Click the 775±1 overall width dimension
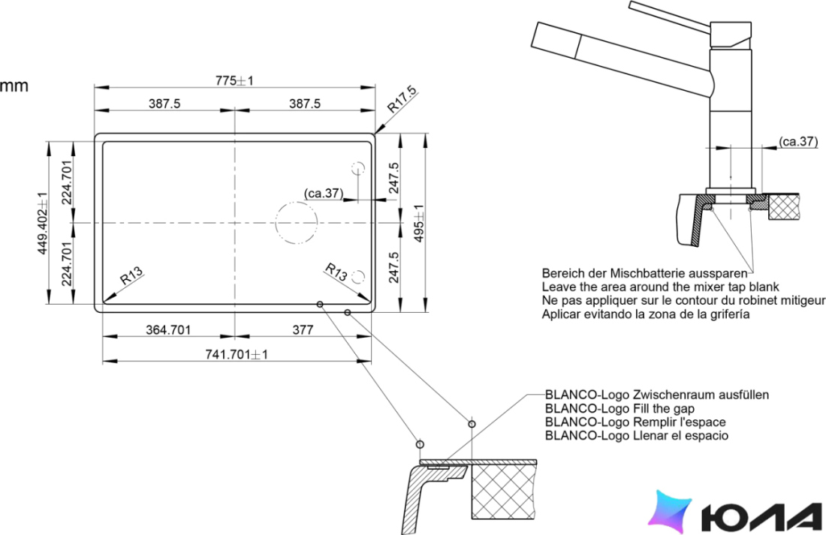pyautogui.click(x=234, y=80)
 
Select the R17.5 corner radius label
pyautogui.click(x=402, y=100)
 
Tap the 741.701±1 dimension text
pyautogui.click(x=237, y=354)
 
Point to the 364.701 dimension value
pyautogui.click(x=168, y=330)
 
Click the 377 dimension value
pyautogui.click(x=303, y=330)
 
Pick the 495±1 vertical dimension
pyautogui.click(x=419, y=224)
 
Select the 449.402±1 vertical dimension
pyautogui.click(x=43, y=223)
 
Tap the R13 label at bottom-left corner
pyautogui.click(x=131, y=275)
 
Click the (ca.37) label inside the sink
pyautogui.click(x=324, y=194)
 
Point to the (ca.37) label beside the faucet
pyautogui.click(x=799, y=141)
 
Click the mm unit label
pyautogui.click(x=14, y=86)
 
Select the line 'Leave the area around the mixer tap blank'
pyautogui.click(x=660, y=287)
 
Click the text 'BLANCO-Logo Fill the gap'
pyautogui.click(x=619, y=409)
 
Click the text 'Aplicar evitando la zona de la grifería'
pyautogui.click(x=645, y=314)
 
